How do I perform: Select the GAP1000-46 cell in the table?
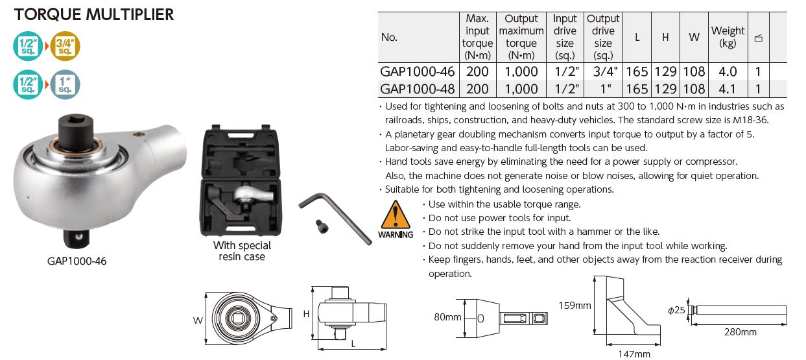point(417,71)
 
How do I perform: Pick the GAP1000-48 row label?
point(417,88)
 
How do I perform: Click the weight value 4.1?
point(728,88)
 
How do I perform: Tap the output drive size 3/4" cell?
point(603,71)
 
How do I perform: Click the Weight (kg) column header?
point(728,37)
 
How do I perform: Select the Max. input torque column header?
point(477,37)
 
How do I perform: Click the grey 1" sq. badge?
point(65,84)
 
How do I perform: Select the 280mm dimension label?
point(739,332)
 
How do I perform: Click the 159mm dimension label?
point(575,305)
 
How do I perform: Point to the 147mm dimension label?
point(633,354)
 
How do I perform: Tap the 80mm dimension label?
point(448,318)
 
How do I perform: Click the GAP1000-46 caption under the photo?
point(77,261)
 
